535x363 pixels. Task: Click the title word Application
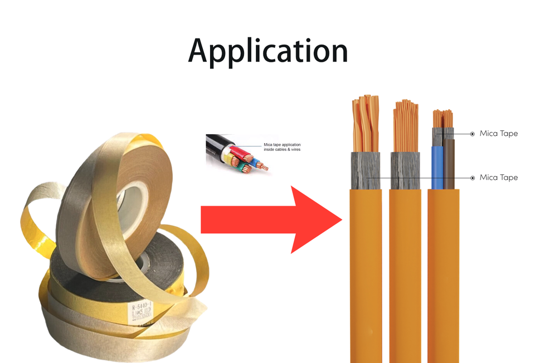click(267, 52)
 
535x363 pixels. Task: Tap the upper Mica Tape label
click(498, 134)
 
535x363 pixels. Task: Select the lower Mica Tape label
click(498, 178)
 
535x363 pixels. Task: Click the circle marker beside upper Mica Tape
click(473, 134)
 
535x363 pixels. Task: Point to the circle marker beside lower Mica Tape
click(473, 178)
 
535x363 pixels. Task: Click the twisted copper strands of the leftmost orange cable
click(366, 125)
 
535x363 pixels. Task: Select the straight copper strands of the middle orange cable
click(405, 125)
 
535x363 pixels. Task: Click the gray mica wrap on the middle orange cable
click(405, 170)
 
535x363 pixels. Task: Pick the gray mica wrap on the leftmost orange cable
click(366, 170)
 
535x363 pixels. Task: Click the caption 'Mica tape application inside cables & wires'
click(281, 147)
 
